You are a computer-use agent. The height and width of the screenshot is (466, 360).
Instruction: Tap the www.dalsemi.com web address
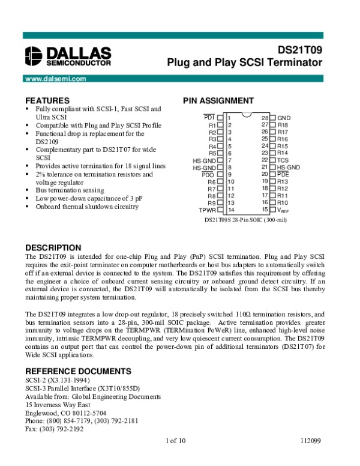click(52, 79)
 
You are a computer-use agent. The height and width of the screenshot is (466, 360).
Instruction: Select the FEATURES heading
click(47, 100)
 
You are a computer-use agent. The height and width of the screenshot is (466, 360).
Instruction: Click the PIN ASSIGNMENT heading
click(218, 100)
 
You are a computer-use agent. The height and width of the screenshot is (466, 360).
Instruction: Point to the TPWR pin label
click(207, 210)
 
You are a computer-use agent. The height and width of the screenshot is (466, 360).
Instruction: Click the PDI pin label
click(209, 116)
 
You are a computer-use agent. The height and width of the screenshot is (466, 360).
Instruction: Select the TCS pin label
click(283, 160)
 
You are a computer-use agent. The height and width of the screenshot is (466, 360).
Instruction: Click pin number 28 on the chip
click(265, 118)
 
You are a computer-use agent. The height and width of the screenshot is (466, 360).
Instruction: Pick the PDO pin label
click(208, 174)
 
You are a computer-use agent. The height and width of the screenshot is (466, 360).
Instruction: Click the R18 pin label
click(283, 125)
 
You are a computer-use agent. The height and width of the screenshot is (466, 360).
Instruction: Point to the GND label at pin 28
click(284, 118)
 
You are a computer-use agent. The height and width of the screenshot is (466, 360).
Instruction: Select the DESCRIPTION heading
click(53, 247)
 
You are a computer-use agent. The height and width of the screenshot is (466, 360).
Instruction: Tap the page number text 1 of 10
click(176, 442)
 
